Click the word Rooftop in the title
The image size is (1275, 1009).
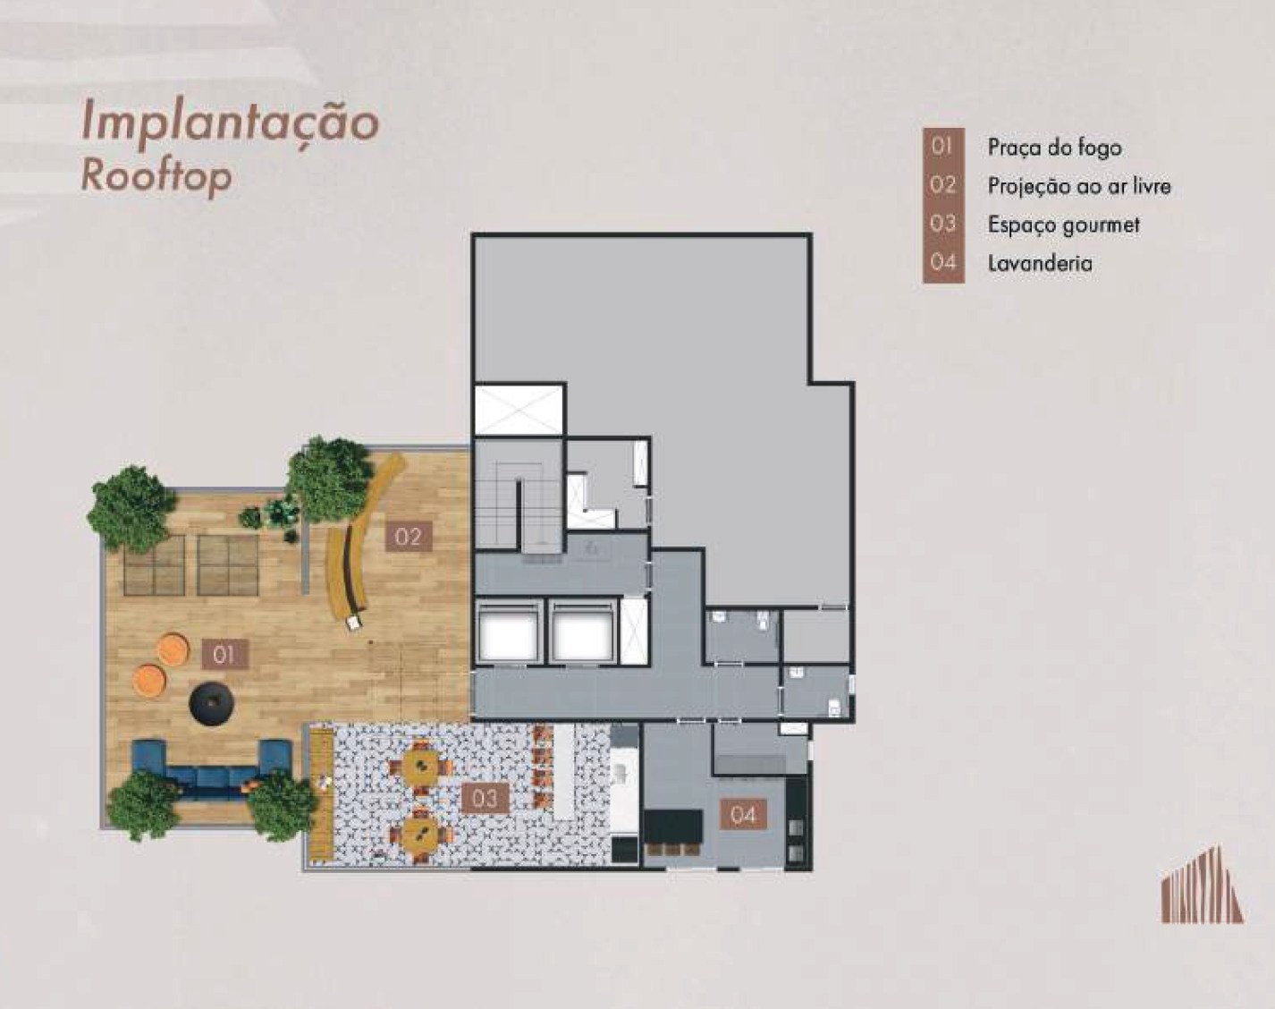[156, 176]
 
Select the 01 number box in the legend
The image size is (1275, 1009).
[942, 147]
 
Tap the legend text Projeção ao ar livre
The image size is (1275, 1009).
[1079, 187]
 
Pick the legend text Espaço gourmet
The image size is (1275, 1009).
[1063, 225]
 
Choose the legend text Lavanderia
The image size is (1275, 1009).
[1040, 263]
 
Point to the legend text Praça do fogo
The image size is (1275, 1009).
[1054, 148]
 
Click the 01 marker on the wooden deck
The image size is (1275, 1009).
[224, 655]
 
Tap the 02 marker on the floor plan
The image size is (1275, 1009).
[409, 537]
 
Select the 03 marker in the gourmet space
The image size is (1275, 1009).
[486, 799]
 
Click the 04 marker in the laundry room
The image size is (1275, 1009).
[744, 815]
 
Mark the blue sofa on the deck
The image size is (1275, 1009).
[211, 769]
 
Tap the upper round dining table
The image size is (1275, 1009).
[420, 766]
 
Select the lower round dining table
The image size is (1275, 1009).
[420, 834]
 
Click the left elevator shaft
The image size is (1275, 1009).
[509, 633]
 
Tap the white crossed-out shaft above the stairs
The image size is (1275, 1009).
[519, 411]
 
